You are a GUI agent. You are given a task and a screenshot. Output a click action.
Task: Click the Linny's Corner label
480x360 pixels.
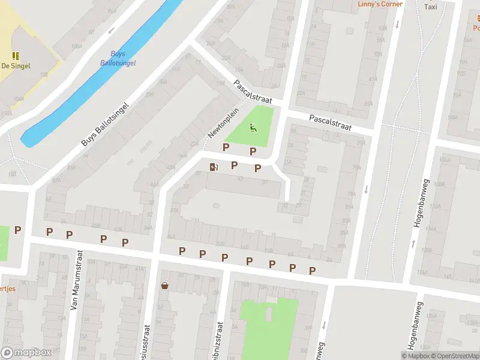click(380, 4)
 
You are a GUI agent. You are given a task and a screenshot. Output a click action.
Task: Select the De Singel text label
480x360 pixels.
click(16, 66)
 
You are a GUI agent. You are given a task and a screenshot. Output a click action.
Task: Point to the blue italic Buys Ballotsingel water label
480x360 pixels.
click(118, 58)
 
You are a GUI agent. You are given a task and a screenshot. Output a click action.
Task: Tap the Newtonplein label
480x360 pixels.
click(223, 123)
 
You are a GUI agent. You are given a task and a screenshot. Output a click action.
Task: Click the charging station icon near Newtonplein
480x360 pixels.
click(214, 167)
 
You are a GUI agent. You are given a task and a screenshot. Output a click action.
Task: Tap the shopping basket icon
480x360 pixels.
click(164, 286)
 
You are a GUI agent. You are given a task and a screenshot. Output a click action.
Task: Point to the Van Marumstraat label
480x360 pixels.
click(75, 288)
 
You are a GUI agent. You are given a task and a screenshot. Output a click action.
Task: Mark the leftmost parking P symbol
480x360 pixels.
click(18, 230)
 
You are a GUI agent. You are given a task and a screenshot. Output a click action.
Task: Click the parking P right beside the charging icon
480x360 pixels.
click(235, 165)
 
